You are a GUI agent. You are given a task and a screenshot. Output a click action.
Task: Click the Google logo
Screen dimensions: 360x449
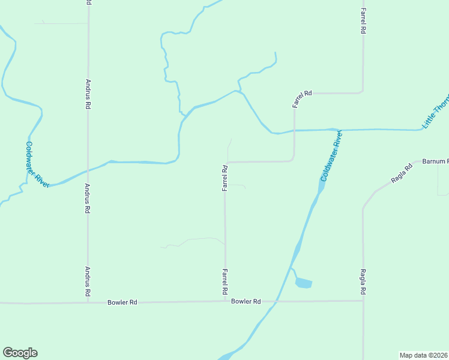(x=20, y=353)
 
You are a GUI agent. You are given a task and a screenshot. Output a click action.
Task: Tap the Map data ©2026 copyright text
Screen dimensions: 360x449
(x=424, y=355)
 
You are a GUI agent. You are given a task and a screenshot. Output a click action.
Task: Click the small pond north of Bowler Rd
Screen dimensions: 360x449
(x=304, y=283)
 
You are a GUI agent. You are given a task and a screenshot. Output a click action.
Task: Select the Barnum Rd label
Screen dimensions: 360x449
(x=435, y=161)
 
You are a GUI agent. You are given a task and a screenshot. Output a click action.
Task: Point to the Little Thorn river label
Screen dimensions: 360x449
(x=436, y=112)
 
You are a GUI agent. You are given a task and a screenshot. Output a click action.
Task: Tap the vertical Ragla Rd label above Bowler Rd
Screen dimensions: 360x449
(x=363, y=281)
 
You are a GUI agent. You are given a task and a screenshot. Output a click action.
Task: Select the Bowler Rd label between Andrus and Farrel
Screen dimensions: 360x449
(x=122, y=302)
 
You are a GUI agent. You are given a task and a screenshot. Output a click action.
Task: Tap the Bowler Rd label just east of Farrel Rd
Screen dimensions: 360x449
(x=246, y=301)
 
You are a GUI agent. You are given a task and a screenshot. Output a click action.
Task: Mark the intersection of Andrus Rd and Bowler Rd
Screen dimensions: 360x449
(x=88, y=302)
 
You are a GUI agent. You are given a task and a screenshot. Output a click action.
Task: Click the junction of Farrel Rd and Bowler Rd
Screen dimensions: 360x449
(x=225, y=302)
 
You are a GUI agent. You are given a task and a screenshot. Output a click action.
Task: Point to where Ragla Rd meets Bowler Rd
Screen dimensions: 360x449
(x=363, y=301)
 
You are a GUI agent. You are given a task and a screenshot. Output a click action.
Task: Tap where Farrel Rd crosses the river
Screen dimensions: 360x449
(x=294, y=130)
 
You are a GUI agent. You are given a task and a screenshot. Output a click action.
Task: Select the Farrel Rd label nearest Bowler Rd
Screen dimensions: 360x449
(x=225, y=281)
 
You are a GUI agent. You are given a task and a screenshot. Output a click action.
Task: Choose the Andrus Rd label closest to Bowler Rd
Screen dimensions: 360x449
(x=88, y=281)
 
